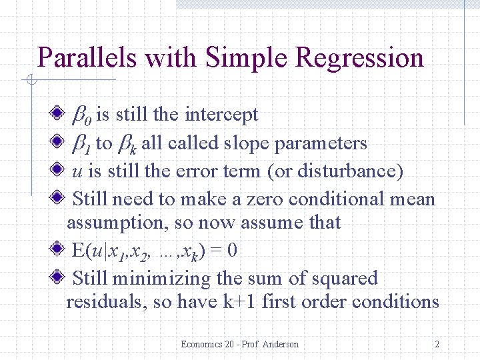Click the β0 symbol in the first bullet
click(83, 115)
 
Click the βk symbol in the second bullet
click(127, 143)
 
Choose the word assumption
click(111, 223)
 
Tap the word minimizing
click(164, 279)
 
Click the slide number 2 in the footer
click(437, 344)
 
